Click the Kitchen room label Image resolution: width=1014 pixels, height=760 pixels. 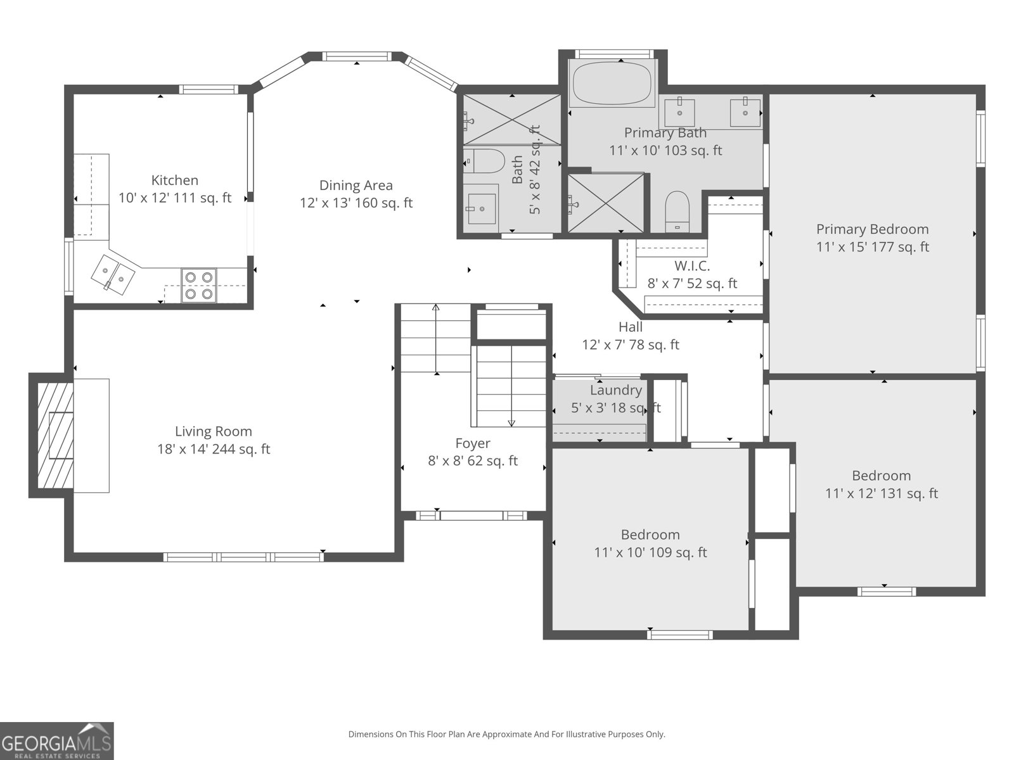175,180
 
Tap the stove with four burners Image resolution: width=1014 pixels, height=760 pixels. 198,285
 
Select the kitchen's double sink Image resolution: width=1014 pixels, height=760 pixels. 113,274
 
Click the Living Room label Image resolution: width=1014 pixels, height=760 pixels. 214,431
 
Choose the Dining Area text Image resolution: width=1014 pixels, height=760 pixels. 356,185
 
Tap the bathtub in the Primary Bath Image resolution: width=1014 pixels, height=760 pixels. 612,84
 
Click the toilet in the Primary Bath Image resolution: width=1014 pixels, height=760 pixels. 677,212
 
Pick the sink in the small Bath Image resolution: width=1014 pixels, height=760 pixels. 482,208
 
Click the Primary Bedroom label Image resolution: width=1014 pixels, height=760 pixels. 872,229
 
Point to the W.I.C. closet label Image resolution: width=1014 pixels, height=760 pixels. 691,266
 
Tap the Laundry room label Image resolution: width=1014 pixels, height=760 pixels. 616,390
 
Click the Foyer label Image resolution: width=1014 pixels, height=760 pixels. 473,443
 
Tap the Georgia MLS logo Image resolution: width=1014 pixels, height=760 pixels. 56,740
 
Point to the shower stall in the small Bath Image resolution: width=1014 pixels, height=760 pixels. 512,120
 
